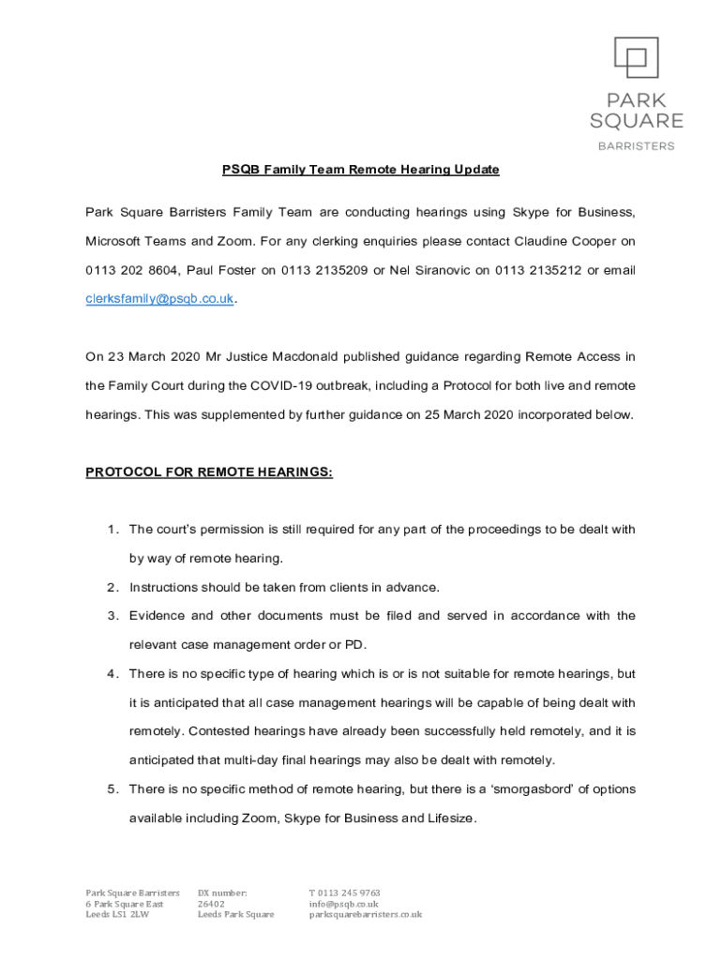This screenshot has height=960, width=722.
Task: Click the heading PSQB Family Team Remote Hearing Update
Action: click(x=360, y=170)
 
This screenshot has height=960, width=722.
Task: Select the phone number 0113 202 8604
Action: click(x=130, y=271)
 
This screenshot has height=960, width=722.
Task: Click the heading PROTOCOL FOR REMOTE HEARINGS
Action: click(x=209, y=472)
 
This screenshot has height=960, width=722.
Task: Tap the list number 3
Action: click(x=111, y=616)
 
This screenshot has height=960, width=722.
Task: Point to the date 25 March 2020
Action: click(x=461, y=414)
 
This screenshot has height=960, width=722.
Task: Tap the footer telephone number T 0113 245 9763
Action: click(x=344, y=892)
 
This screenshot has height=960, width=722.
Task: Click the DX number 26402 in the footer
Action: click(x=211, y=904)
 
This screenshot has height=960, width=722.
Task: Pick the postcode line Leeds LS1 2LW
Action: click(x=117, y=914)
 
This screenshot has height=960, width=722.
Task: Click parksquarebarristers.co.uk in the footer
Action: click(x=366, y=914)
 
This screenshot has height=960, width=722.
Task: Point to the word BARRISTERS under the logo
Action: click(x=636, y=146)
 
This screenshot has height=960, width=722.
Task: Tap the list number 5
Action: click(x=111, y=788)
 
